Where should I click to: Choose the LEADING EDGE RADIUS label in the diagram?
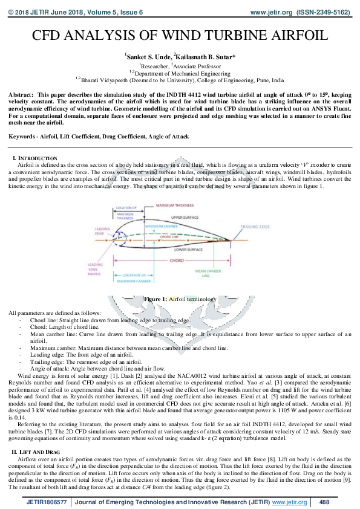click(96, 270)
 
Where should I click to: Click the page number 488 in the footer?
click(324, 502)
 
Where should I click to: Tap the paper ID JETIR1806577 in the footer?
click(46, 502)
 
